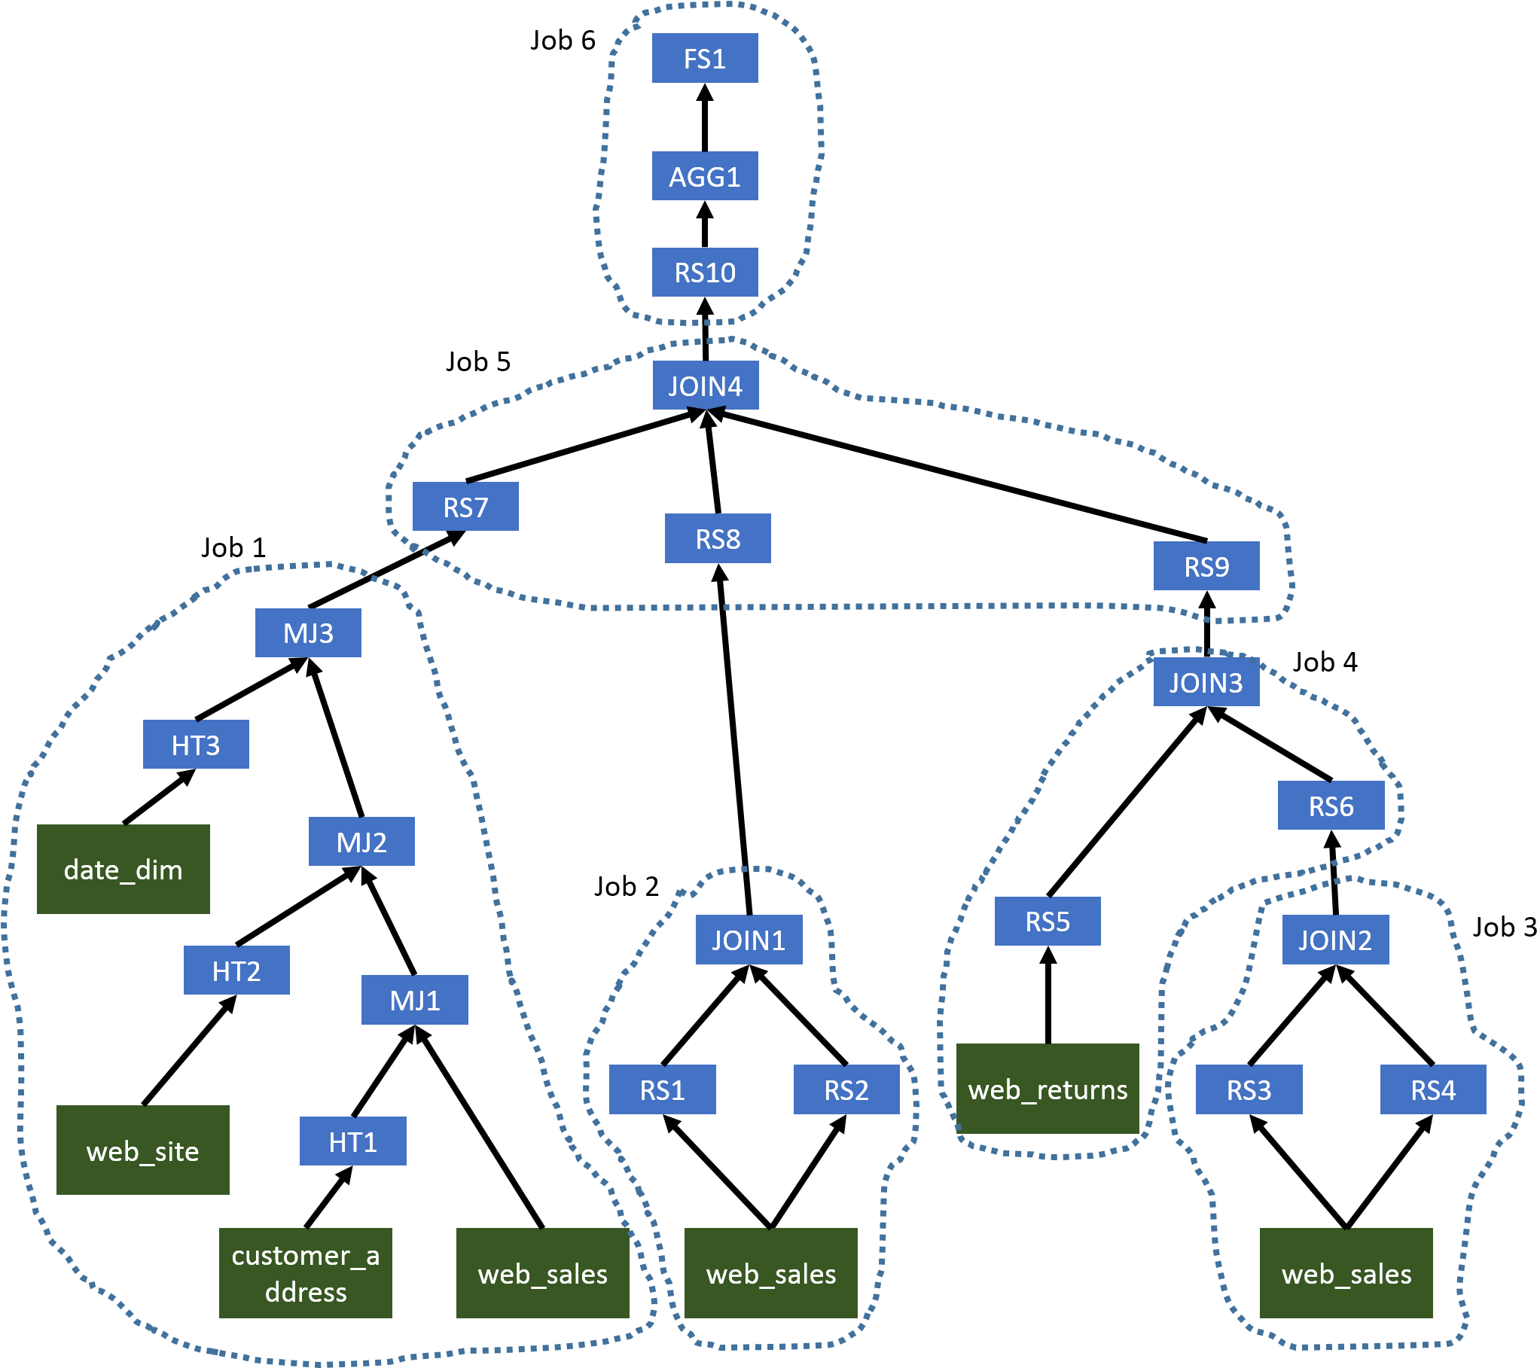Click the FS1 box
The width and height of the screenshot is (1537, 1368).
click(x=704, y=58)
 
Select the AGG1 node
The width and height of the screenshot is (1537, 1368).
click(x=704, y=176)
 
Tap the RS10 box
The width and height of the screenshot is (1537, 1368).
click(x=704, y=272)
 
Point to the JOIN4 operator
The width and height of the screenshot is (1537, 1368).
click(x=705, y=385)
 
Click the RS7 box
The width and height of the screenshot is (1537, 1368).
click(x=465, y=507)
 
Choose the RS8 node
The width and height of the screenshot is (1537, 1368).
click(x=717, y=538)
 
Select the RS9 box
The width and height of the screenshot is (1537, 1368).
click(x=1206, y=566)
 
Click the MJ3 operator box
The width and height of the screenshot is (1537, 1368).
click(x=308, y=633)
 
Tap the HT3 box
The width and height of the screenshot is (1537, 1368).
click(x=196, y=745)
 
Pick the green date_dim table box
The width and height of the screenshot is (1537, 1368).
click(x=124, y=870)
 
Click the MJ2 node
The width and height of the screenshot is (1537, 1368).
click(x=361, y=842)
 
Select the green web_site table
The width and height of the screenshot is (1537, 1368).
click(x=143, y=1150)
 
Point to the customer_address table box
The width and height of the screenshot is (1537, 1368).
click(x=306, y=1273)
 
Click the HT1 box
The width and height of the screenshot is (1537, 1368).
click(x=352, y=1141)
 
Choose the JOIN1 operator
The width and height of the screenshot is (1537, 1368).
click(x=749, y=940)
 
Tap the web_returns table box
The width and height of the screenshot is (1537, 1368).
click(x=1048, y=1089)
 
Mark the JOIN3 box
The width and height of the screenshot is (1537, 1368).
click(x=1206, y=682)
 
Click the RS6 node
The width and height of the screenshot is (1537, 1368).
click(x=1331, y=806)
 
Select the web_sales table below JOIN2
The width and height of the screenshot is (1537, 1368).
click(x=1346, y=1273)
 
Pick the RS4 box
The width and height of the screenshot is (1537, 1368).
click(x=1432, y=1089)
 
